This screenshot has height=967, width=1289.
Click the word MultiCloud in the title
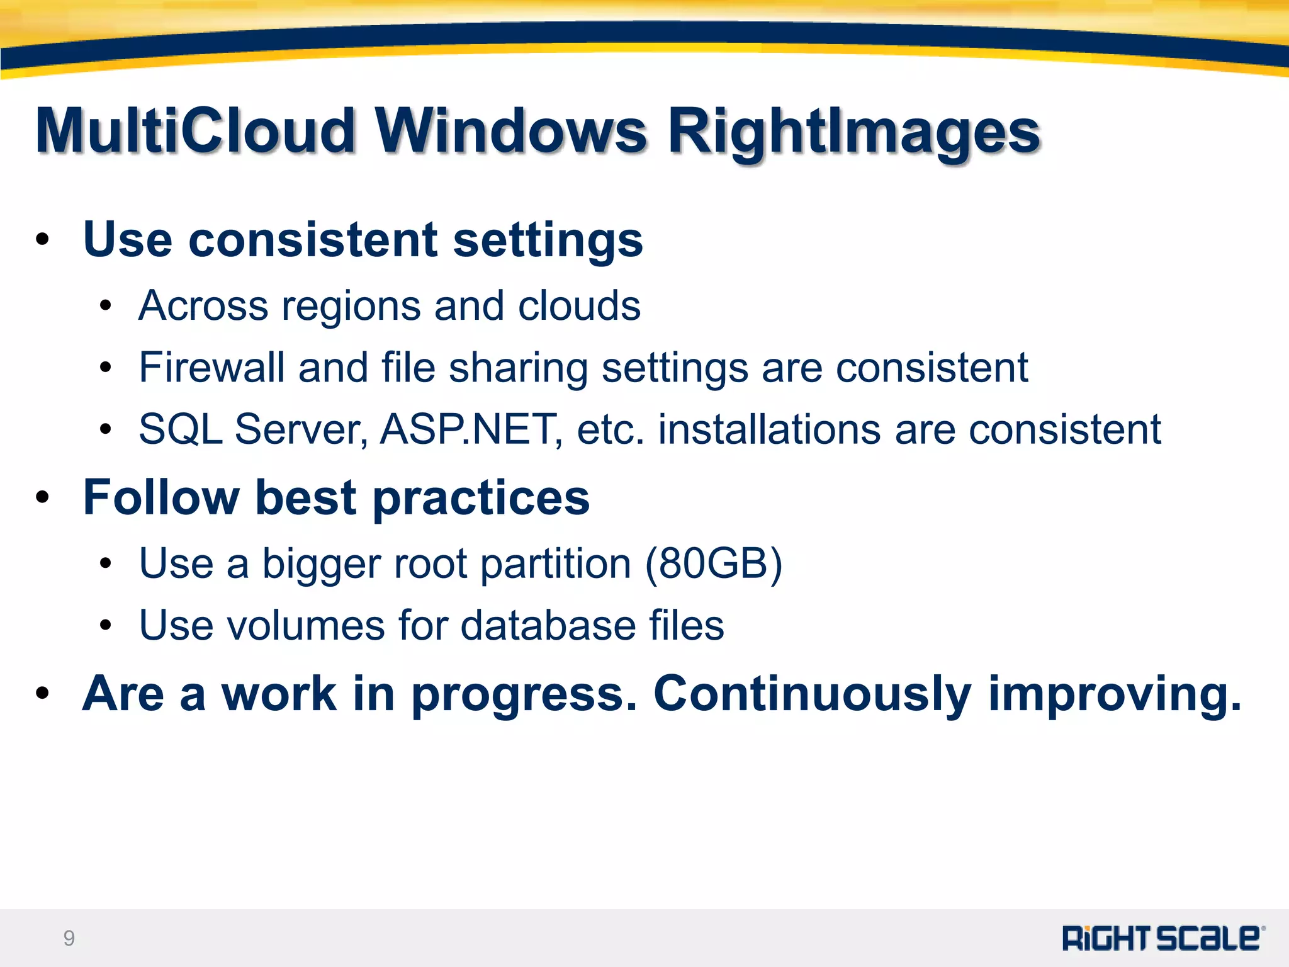[x=195, y=131]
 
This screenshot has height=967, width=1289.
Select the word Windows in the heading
[x=511, y=131]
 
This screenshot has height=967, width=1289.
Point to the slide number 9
[x=69, y=938]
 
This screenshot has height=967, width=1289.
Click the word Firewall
[x=211, y=368]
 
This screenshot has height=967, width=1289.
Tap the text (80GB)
[x=714, y=563]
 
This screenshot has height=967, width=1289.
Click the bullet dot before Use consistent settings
[x=42, y=240]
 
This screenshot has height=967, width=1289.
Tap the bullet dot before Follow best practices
[x=42, y=497]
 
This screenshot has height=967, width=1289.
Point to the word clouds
[x=579, y=306]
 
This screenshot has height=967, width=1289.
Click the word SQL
[x=181, y=429]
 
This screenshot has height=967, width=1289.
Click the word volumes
[x=306, y=625]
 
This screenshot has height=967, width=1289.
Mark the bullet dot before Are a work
[x=42, y=694]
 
